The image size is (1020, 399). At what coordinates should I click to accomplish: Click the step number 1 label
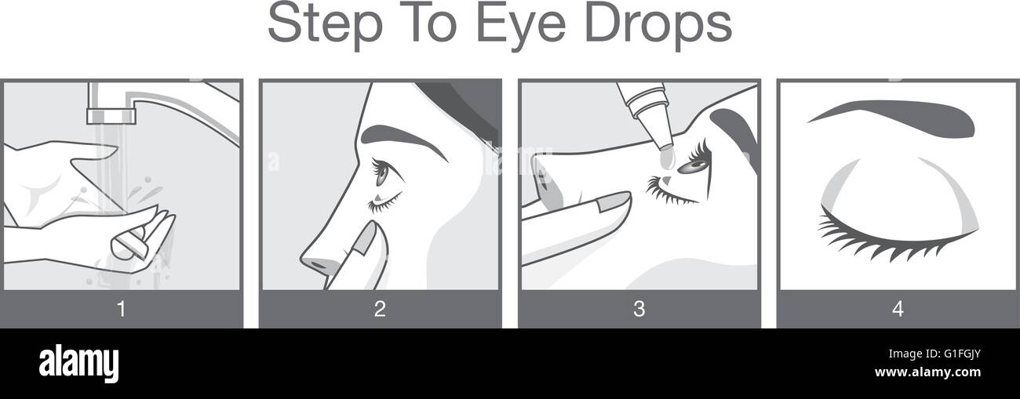[x=121, y=310]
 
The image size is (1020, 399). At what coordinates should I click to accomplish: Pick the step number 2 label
[x=380, y=310]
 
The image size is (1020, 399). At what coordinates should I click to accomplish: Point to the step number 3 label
[x=639, y=310]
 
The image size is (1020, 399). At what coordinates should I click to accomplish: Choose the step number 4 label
[x=898, y=310]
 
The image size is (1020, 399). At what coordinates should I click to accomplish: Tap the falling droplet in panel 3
[x=667, y=159]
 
